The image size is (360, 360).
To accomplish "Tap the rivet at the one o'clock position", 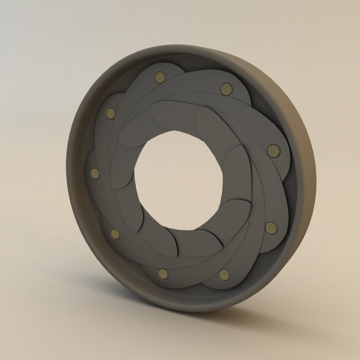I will (225, 88).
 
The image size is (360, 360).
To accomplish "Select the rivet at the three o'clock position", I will (273, 150).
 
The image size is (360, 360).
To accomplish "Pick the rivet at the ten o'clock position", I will (109, 113).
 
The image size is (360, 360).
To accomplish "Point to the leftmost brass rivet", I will (95, 173).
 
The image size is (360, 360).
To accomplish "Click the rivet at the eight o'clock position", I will (115, 233).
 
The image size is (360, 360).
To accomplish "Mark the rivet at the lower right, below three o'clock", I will (270, 228).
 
